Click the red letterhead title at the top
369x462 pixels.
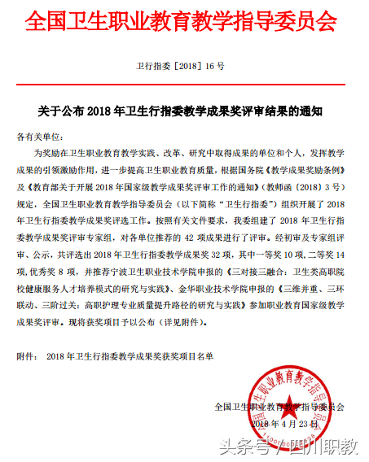(x=184, y=23)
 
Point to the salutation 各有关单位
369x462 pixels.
(x=38, y=133)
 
